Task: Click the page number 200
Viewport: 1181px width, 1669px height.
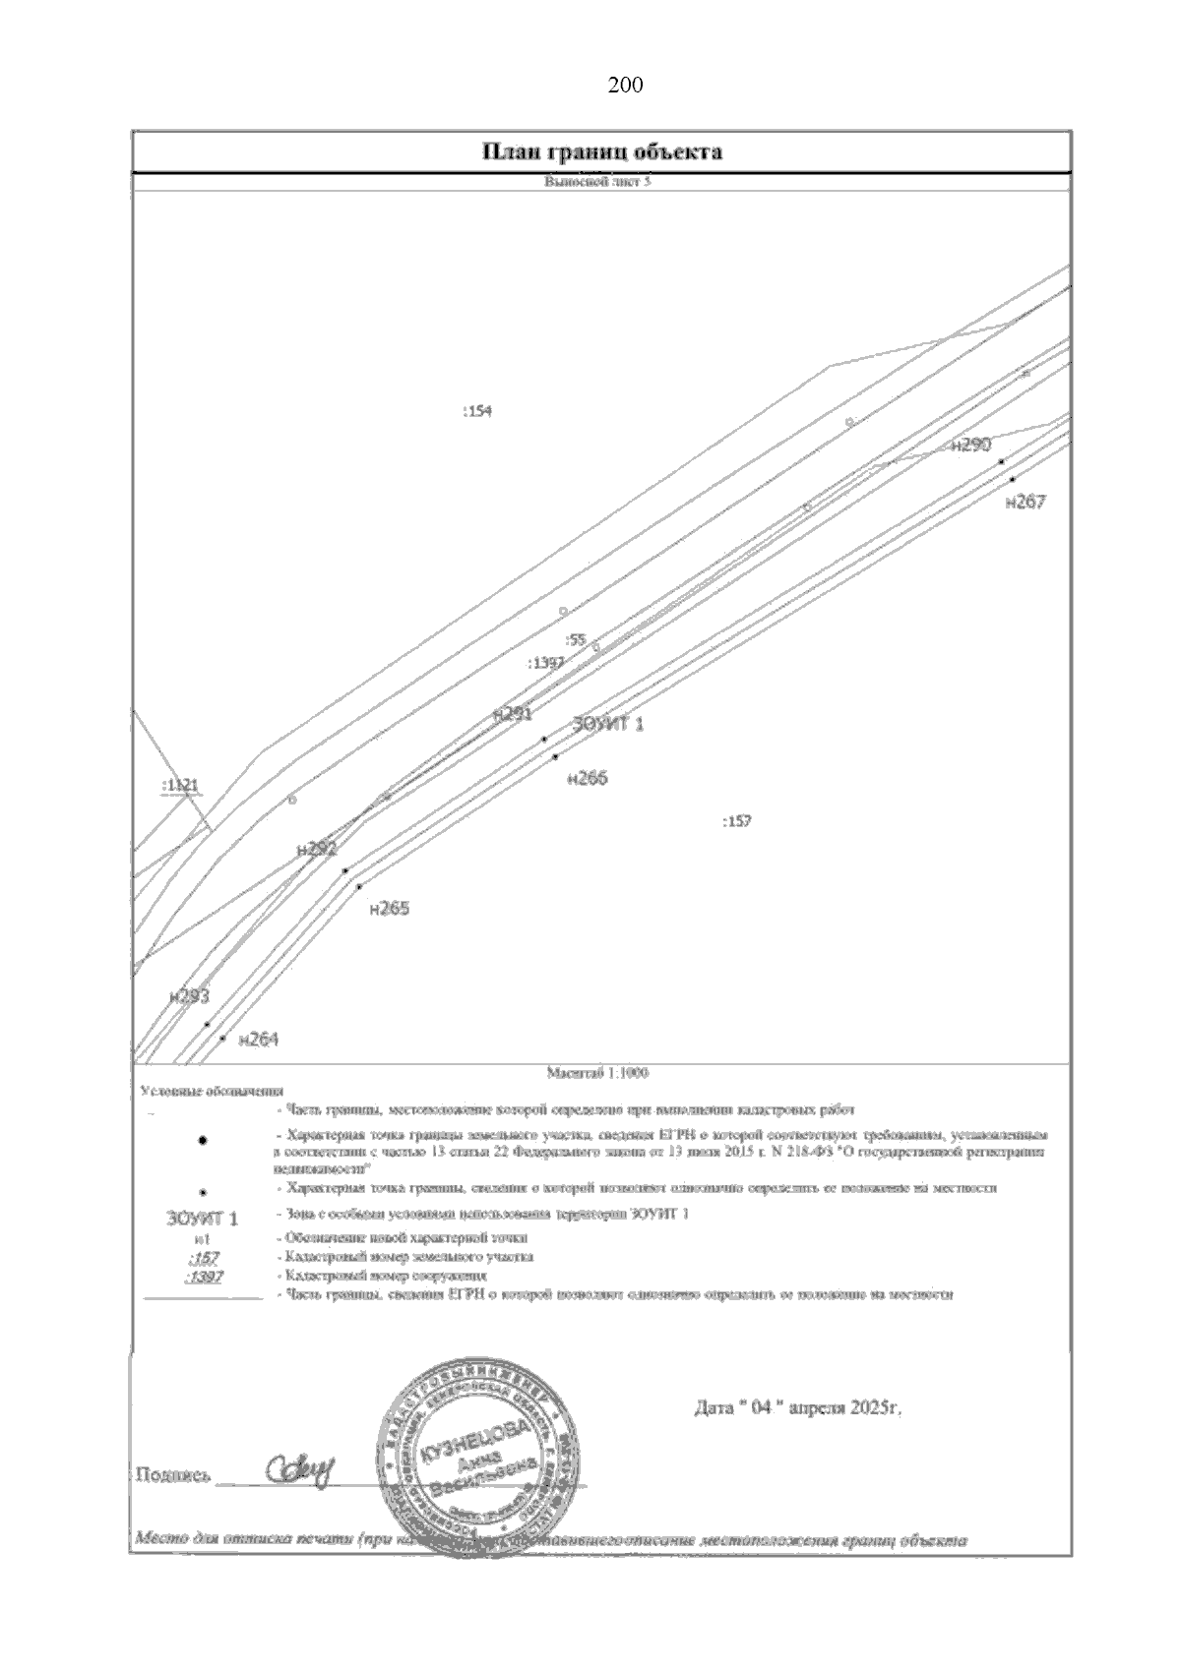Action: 625,86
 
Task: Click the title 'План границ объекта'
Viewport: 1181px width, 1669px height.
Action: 602,151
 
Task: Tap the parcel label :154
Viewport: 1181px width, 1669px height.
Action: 476,411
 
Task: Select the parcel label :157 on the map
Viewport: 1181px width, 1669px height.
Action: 736,821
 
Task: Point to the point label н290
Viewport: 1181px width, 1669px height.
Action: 970,446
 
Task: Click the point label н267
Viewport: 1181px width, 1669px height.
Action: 1026,503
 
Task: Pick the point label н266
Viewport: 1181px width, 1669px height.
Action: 588,778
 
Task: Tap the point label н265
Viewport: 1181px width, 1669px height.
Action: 389,909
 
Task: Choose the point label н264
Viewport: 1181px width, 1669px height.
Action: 259,1039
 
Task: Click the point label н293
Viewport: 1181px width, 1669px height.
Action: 189,996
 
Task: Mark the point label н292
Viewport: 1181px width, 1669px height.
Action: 316,849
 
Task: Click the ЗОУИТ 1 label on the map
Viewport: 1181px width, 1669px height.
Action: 608,725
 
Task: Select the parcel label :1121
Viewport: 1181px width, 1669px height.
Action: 179,786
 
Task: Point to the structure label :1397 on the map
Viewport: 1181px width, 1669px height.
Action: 545,663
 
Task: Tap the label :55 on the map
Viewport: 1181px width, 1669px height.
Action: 576,639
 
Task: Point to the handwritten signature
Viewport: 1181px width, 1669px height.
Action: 300,1471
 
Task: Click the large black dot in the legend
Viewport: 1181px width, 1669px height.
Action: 203,1140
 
